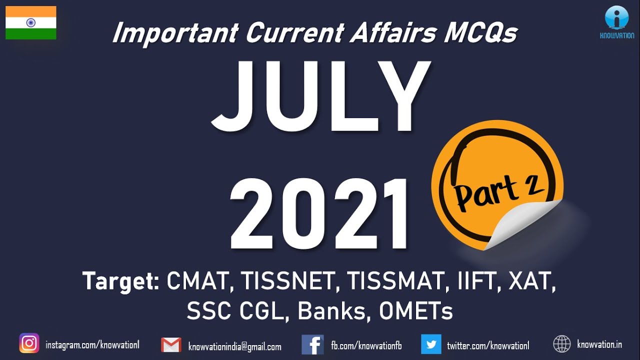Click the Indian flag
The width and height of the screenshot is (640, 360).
coord(31,23)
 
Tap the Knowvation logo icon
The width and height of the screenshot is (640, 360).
coord(616,18)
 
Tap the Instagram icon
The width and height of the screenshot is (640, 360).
coord(29,343)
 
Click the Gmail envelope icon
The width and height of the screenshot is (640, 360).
coord(171,345)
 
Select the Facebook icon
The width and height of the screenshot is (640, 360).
coord(312,345)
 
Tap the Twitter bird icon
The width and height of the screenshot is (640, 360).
coord(431,344)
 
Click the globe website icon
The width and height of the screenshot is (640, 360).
coord(562,344)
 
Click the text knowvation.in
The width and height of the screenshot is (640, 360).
coord(599,344)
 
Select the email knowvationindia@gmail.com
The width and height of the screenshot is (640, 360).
coord(234,346)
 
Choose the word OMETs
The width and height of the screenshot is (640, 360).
coord(415,311)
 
